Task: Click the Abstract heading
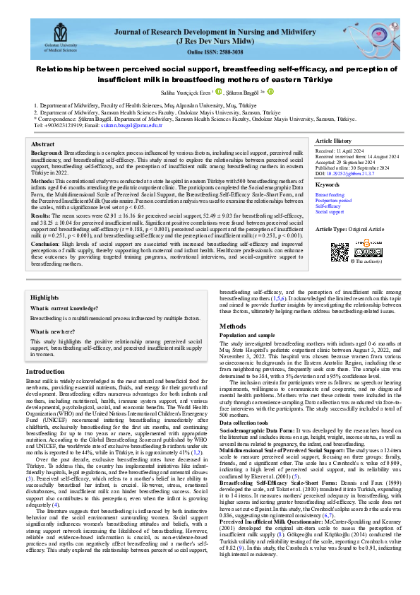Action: pos(44,143)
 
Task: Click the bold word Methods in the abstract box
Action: pos(44,181)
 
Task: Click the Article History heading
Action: pos(338,141)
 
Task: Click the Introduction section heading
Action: pos(44,372)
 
